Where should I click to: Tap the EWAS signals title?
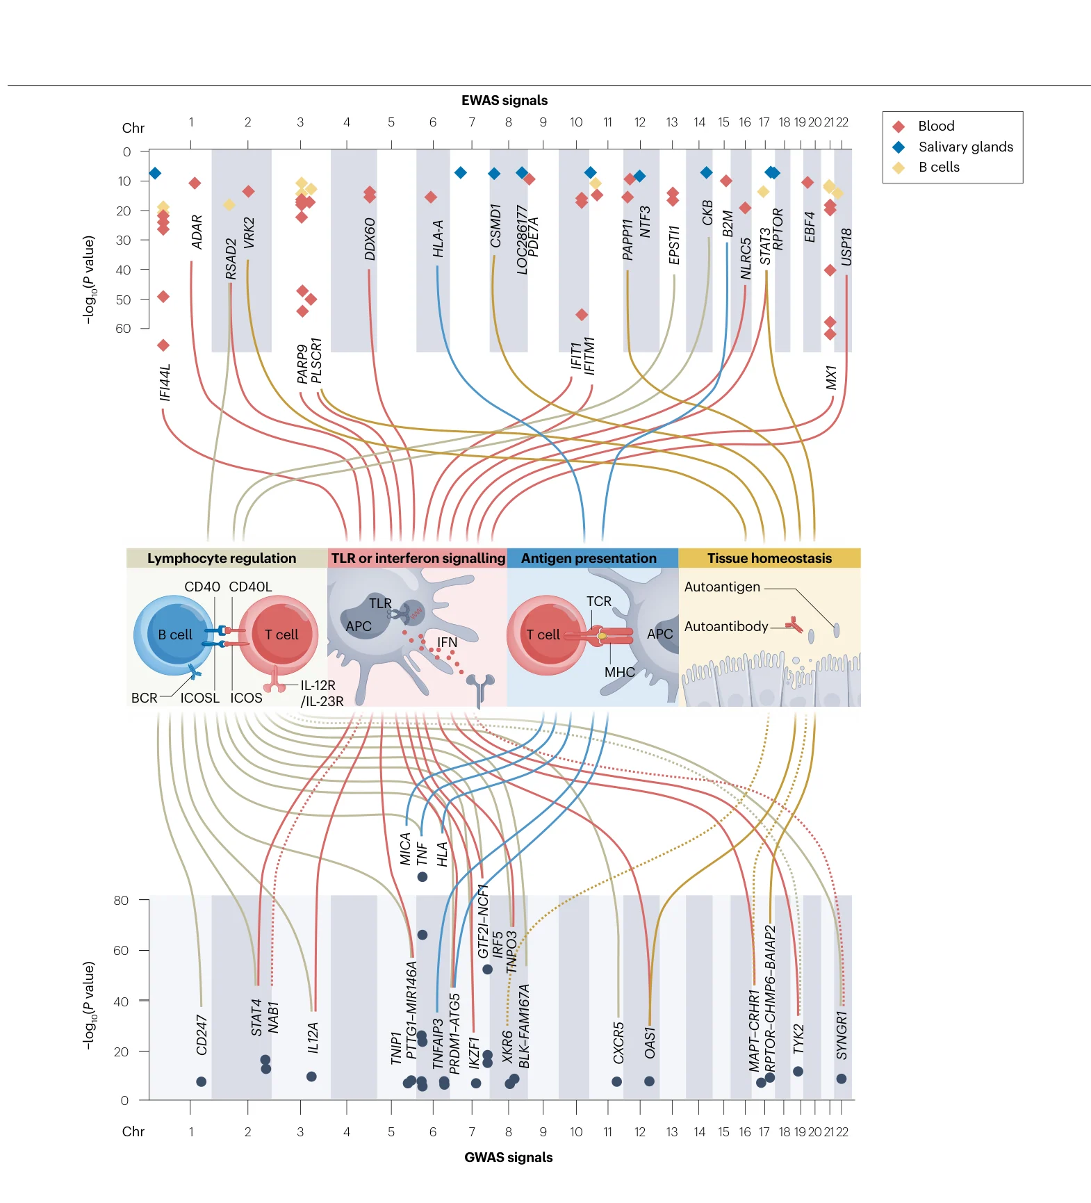[505, 100]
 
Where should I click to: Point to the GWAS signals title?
[509, 1157]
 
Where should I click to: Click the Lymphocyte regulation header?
[222, 558]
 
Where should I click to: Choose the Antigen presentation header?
[589, 558]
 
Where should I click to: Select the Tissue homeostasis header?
[769, 558]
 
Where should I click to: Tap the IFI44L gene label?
[165, 382]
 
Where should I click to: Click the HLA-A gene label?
[438, 238]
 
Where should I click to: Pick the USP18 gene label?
[846, 247]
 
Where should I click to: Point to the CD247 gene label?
[202, 1035]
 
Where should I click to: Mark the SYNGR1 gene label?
[842, 1036]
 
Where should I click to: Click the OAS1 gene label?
[650, 1042]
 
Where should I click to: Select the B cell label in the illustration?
[175, 635]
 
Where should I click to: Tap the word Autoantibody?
[726, 626]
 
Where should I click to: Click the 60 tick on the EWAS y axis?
[123, 328]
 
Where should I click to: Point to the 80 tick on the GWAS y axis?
[121, 900]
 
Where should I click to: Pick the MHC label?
[620, 672]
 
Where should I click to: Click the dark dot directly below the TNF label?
[422, 877]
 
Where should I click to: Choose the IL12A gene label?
[313, 1038]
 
